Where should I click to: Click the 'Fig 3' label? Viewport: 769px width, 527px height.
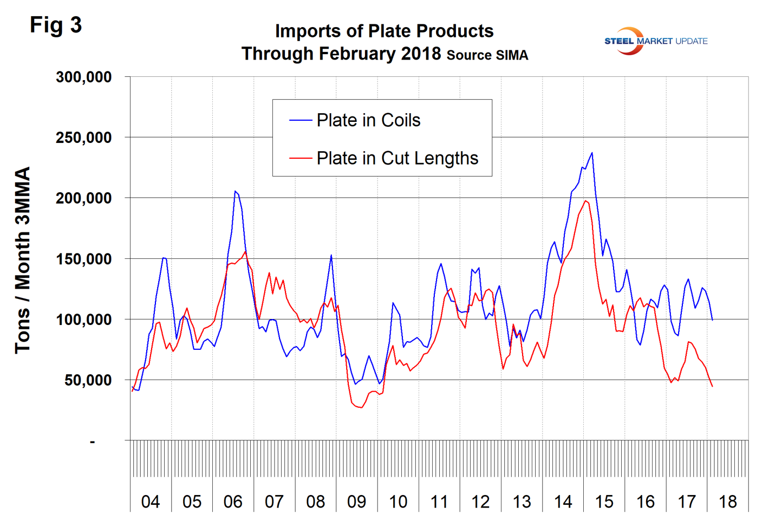(56, 25)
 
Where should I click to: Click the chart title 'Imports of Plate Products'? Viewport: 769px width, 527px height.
(384, 31)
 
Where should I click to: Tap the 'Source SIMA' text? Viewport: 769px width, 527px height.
(487, 55)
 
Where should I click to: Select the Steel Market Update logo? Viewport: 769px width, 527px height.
(655, 41)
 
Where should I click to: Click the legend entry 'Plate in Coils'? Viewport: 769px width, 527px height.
(368, 120)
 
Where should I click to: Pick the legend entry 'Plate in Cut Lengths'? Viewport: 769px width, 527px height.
(397, 158)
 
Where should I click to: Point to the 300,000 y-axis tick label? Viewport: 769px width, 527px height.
(84, 77)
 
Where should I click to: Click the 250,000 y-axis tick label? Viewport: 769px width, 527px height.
(84, 138)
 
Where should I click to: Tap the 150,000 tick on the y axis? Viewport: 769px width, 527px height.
(84, 259)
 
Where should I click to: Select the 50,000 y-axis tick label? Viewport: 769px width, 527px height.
(88, 380)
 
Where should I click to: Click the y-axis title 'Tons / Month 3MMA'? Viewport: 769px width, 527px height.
(22, 260)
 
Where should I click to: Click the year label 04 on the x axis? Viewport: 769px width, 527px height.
(151, 502)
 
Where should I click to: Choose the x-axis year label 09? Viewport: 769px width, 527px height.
(356, 502)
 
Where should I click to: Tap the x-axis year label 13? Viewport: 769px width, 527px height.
(522, 502)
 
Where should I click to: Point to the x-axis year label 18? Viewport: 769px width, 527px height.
(728, 502)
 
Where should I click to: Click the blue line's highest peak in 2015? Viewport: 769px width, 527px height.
(592, 153)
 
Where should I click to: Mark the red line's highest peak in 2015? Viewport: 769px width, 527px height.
(585, 201)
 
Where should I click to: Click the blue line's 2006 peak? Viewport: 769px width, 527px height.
(235, 191)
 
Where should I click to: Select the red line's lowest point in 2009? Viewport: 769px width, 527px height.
(361, 407)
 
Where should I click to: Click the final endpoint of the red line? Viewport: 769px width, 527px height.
(712, 386)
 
